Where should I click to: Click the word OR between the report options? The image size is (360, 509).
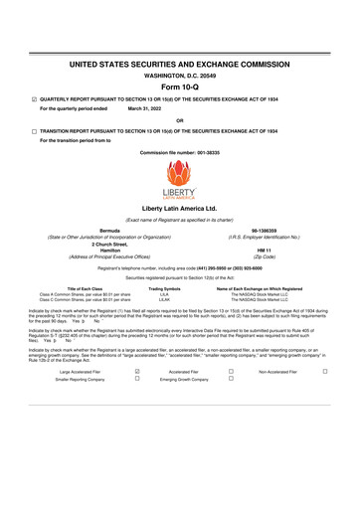(x=179, y=119)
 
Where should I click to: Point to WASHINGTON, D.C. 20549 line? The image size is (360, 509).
(x=179, y=73)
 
